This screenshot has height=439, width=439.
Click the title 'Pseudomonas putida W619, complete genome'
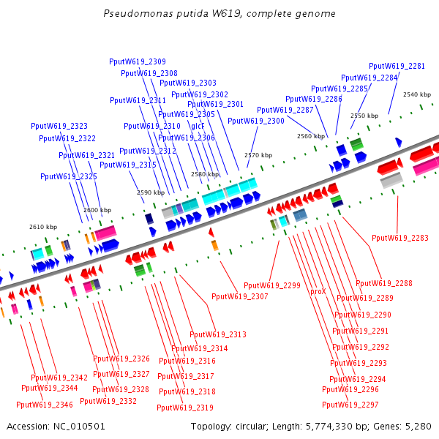click(x=219, y=14)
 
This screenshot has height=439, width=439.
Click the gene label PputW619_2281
click(x=397, y=66)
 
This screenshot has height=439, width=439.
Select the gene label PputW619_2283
click(x=399, y=238)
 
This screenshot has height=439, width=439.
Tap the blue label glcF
click(x=198, y=126)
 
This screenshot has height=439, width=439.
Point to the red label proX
click(x=318, y=291)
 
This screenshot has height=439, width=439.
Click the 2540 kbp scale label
click(x=417, y=94)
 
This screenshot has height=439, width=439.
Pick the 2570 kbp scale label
click(x=258, y=155)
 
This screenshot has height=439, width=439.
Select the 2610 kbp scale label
click(x=42, y=227)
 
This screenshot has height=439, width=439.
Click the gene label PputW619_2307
click(x=239, y=297)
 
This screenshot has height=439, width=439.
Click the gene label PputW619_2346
click(x=45, y=405)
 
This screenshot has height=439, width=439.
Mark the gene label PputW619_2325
click(x=69, y=176)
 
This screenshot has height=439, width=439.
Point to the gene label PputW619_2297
click(x=350, y=405)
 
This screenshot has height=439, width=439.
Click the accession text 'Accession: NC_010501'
click(x=56, y=426)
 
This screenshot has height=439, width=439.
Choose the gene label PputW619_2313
click(x=217, y=334)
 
